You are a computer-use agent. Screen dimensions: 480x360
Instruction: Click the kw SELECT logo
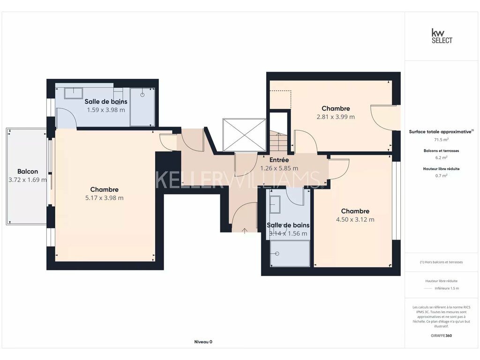coord(442,36)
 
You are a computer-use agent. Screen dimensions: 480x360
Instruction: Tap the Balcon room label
coord(28,172)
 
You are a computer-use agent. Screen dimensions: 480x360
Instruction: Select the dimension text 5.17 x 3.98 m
coord(105,198)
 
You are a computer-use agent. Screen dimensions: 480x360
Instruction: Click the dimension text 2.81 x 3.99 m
coord(336,117)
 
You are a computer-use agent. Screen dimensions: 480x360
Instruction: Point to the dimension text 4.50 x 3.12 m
coord(355,219)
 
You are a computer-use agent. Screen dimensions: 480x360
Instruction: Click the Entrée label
coord(279,160)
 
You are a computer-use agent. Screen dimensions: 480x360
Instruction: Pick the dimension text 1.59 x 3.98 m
coord(106,110)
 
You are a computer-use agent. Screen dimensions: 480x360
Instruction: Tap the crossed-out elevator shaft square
coord(244,135)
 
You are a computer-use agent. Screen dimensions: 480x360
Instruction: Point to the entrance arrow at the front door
coord(245,231)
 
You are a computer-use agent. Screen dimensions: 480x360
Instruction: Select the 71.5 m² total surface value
coord(442,140)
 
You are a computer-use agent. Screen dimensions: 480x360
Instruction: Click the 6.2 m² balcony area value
coord(442,157)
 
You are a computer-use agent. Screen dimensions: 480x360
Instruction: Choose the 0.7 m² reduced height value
coord(442,176)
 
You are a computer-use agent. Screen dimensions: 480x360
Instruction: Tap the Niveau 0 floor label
coord(203,342)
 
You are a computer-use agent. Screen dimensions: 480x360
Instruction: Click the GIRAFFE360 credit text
coord(442,336)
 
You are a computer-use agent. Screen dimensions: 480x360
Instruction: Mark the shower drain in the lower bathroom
coord(277,254)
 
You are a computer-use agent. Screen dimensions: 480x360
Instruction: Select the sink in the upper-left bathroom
coord(73,93)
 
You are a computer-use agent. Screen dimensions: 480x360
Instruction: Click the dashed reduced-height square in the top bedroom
coord(280,100)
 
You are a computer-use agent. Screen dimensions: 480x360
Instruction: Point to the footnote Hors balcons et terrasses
coord(442,262)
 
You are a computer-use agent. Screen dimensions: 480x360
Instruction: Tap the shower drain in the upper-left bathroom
coord(142,95)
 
